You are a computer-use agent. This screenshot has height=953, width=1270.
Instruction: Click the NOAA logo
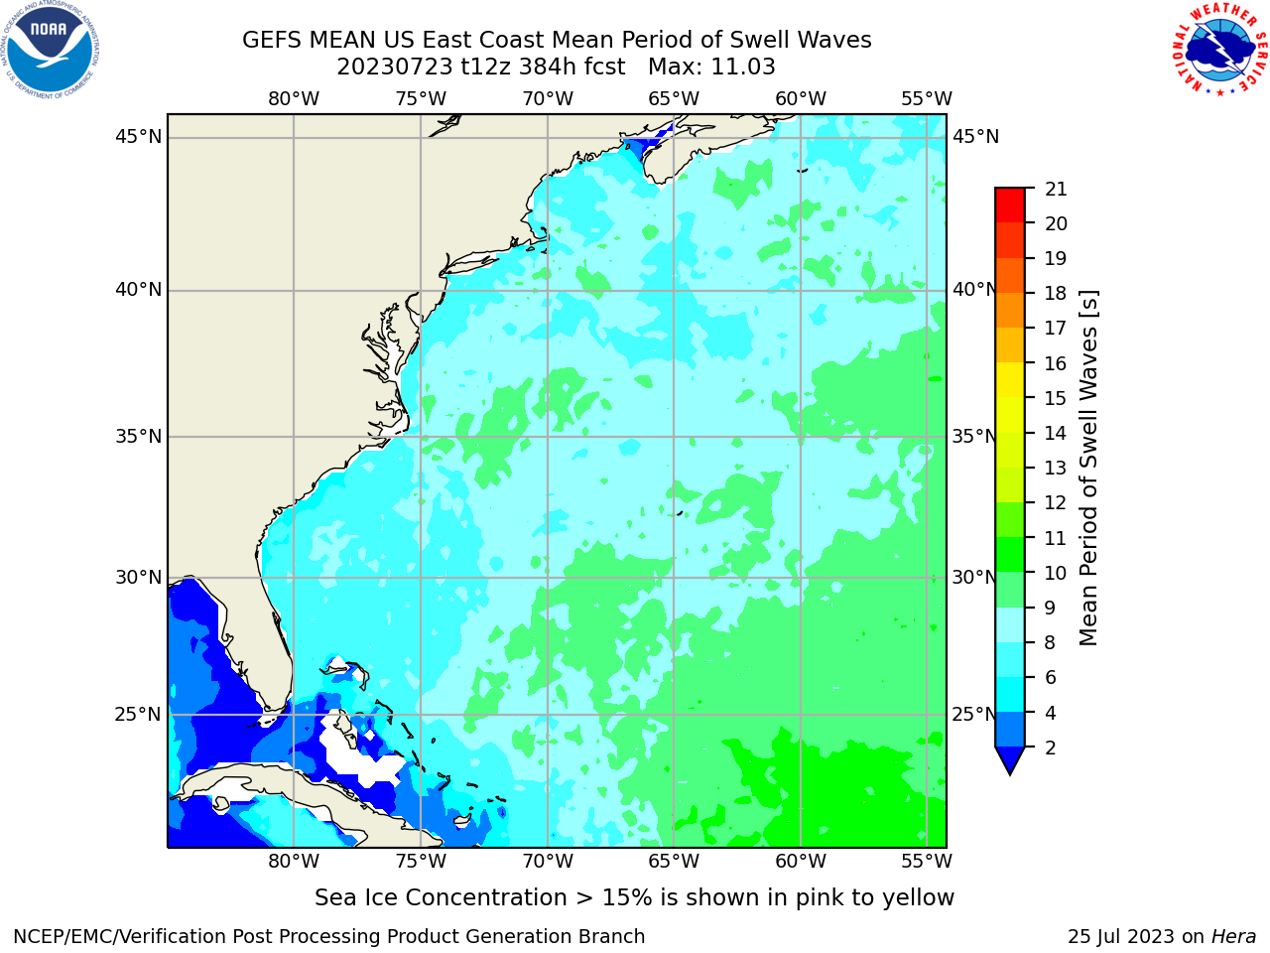50,50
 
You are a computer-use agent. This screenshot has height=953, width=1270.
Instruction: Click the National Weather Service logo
1220,50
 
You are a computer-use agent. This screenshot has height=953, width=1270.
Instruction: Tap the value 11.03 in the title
742,68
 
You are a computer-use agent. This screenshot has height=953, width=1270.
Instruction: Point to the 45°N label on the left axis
138,137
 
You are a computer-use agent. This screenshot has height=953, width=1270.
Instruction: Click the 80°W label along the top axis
294,99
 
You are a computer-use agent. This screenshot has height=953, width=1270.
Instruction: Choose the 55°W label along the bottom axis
927,862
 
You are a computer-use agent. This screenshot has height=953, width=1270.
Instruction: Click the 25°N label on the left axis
138,715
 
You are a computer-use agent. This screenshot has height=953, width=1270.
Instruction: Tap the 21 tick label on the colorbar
1056,190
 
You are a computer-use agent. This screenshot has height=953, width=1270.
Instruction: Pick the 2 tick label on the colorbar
1051,748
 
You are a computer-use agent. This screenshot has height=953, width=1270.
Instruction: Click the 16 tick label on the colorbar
1056,363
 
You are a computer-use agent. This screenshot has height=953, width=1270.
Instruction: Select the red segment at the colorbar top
1010,204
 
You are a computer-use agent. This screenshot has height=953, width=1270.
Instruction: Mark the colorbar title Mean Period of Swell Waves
1088,468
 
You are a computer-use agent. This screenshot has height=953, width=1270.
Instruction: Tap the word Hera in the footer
1234,936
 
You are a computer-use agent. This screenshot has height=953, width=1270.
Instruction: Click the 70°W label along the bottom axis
548,862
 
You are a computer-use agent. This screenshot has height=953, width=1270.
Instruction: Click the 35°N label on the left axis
138,436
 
